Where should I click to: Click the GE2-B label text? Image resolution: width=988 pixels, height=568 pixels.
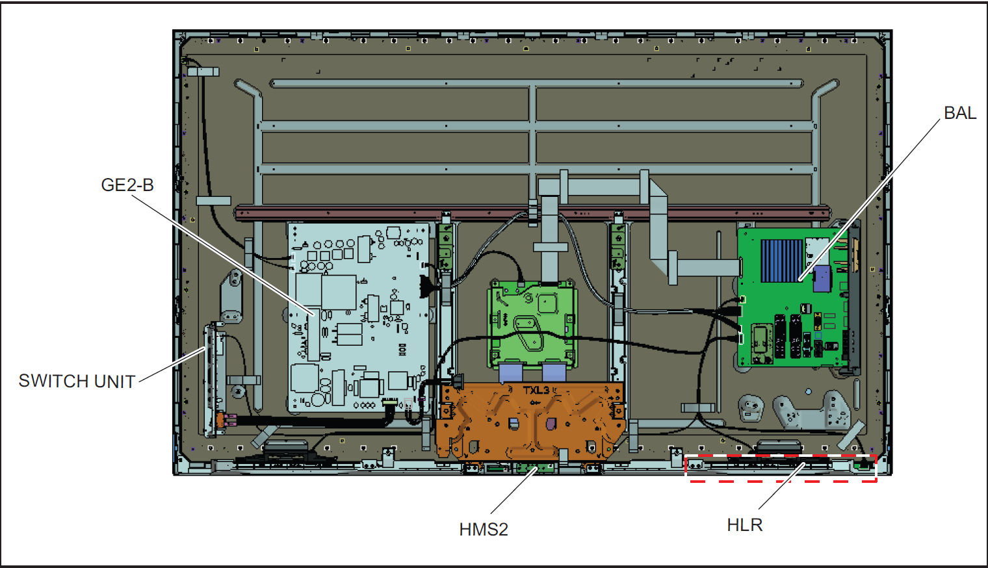click(127, 185)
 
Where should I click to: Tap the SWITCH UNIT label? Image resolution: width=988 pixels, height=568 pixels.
click(77, 381)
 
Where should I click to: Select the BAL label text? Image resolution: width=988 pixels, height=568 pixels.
click(959, 113)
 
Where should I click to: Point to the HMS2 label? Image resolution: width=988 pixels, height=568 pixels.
click(483, 530)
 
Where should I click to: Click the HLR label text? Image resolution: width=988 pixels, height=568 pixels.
click(744, 525)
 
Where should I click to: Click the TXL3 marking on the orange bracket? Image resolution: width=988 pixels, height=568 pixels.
click(537, 390)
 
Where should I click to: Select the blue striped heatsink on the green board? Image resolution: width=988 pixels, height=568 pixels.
click(781, 261)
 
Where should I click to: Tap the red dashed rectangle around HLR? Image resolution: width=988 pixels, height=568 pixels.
click(780, 482)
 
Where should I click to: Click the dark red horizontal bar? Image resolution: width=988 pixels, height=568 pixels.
click(533, 213)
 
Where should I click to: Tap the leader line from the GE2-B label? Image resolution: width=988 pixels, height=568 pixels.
click(221, 253)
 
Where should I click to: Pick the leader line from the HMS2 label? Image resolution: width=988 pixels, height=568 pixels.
click(513, 491)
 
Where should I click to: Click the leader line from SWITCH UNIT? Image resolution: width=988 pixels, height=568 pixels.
click(172, 364)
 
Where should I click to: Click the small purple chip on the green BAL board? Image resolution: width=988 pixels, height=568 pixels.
click(822, 278)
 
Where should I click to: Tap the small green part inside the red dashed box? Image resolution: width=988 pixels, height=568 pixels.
click(863, 464)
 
